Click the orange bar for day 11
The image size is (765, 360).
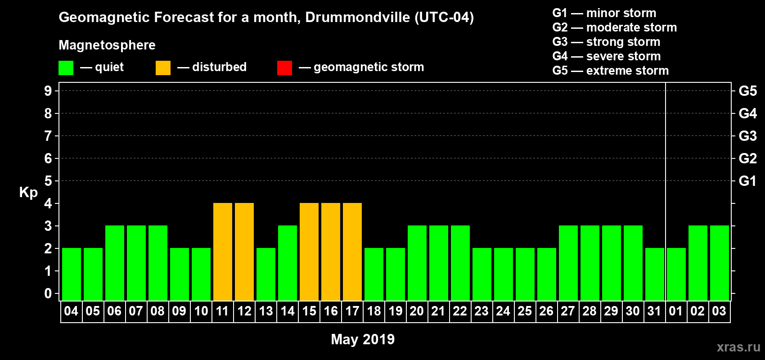pos(223,252)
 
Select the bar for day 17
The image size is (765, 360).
pos(352,252)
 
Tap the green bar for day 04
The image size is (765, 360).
pos(72,274)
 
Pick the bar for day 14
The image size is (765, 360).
pos(288,263)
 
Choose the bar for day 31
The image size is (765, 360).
pos(655,274)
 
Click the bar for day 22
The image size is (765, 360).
pos(460,263)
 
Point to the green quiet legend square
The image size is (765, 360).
pos(66,68)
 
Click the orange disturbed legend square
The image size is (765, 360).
pos(163,68)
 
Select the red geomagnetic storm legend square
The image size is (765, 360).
pos(284,68)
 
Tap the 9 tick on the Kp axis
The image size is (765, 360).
pos(48,91)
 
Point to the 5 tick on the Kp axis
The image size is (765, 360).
pos(48,181)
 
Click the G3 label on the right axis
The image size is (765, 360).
pos(747,136)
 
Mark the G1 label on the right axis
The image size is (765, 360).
pos(747,181)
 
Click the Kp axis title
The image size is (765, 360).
pos(28,193)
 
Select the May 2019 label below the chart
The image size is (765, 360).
pos(363,339)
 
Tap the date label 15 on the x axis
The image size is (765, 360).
pos(309,311)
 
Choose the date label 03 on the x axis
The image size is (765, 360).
pos(719,311)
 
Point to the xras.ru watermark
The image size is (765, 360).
pos(738,346)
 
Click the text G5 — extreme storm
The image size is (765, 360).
pos(610,71)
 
